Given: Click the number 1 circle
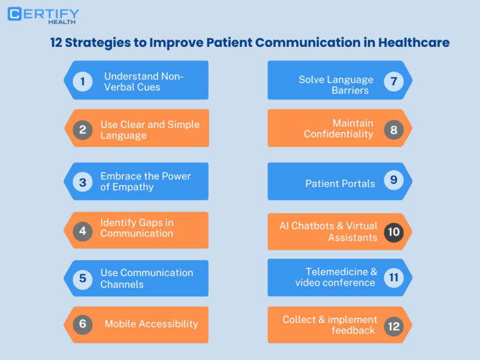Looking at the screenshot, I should (82, 81).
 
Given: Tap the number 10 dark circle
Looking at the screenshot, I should (393, 232).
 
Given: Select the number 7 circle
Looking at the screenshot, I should (393, 81).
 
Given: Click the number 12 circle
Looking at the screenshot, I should (393, 326).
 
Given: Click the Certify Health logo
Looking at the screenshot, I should (43, 15).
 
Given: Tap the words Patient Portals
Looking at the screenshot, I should (340, 183).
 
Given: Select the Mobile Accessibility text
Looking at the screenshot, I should (151, 324).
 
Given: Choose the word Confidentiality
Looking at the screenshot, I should (338, 134).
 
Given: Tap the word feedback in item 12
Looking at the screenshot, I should (353, 331).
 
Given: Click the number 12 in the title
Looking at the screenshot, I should (57, 43).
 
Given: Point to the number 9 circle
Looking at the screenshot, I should (393, 180).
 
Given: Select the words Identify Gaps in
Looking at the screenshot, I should (137, 222).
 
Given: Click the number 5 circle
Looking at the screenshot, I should (82, 278).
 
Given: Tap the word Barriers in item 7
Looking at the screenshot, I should (350, 91).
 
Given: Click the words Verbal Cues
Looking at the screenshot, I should (132, 87).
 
